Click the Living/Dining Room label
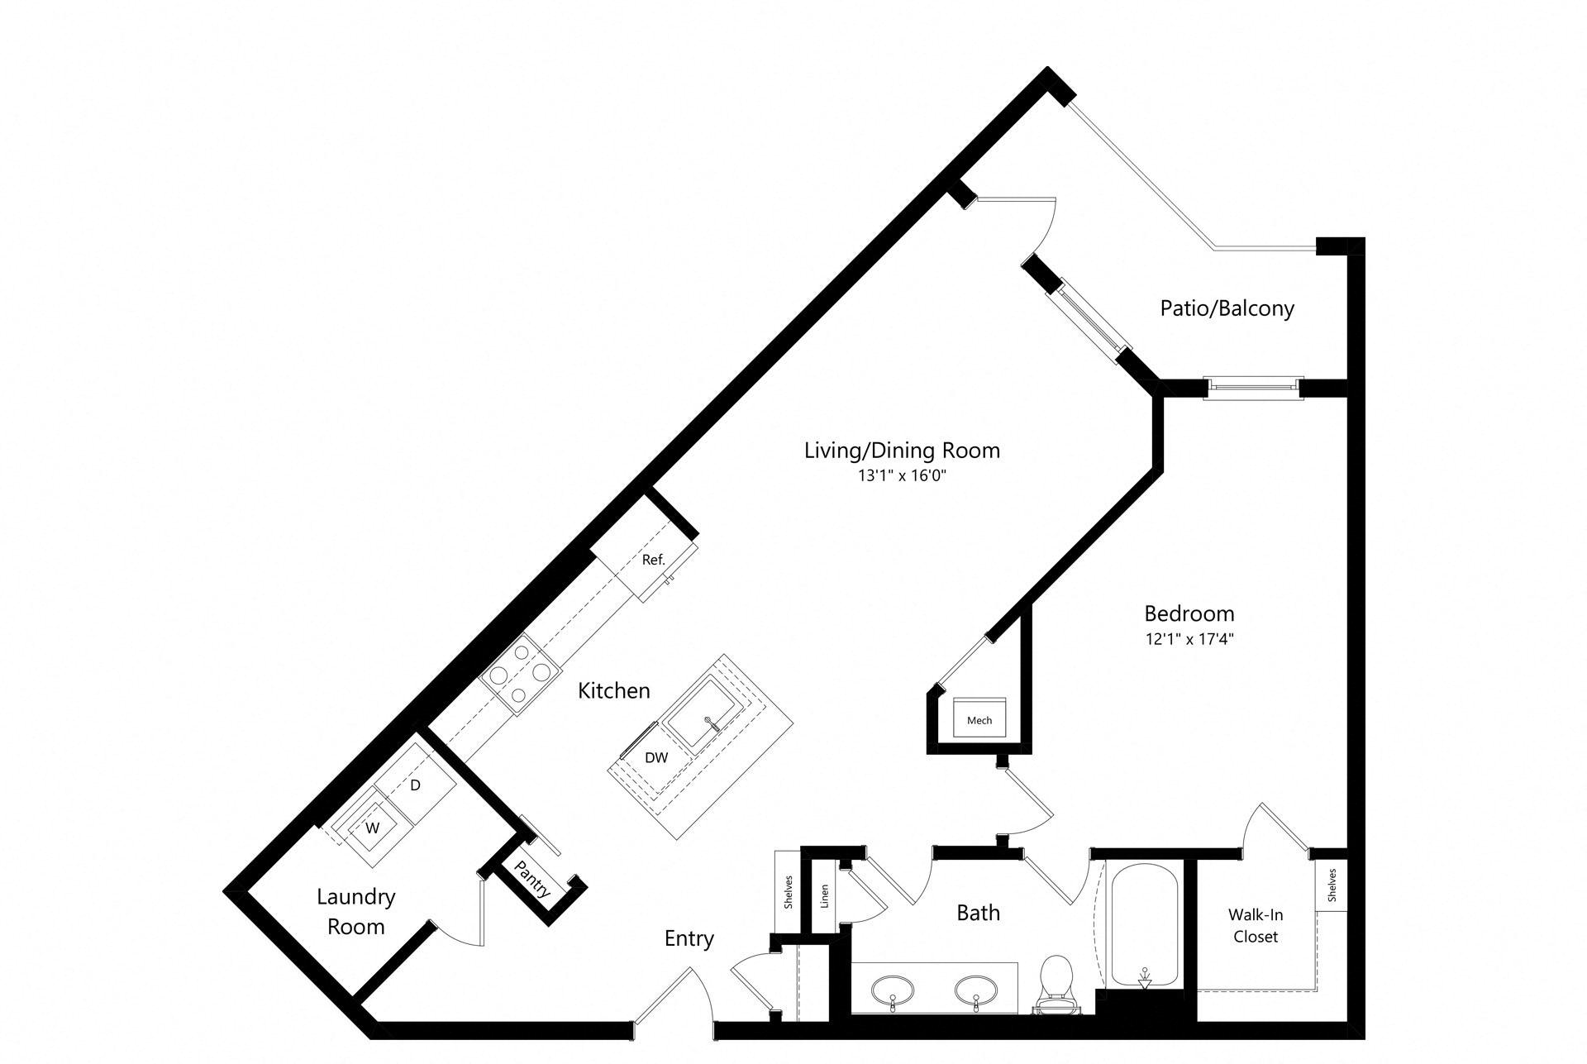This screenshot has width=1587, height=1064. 902,451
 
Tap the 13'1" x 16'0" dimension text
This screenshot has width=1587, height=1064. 902,476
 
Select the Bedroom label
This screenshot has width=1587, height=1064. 1189,613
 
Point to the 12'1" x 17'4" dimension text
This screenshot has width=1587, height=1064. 1189,639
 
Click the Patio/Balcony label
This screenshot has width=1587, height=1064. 1227,308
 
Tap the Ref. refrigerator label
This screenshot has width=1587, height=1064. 653,560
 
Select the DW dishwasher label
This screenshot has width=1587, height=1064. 656,757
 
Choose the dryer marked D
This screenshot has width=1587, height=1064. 415,785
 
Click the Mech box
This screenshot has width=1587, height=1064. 979,716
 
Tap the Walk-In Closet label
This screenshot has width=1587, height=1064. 1256,926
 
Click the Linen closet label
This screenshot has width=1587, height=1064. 825,896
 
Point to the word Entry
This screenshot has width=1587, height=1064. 689,939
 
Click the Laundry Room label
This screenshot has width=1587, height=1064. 356,911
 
